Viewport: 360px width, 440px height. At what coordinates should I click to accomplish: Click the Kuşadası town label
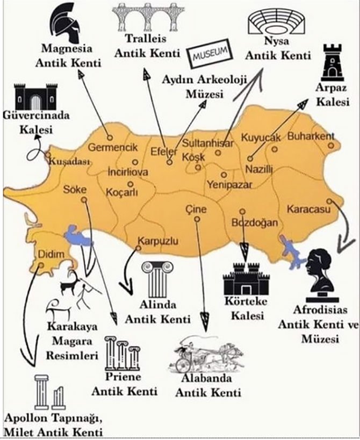68,161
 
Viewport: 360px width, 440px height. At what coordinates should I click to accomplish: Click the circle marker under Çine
198,219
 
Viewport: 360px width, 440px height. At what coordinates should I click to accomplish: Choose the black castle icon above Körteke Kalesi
246,280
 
